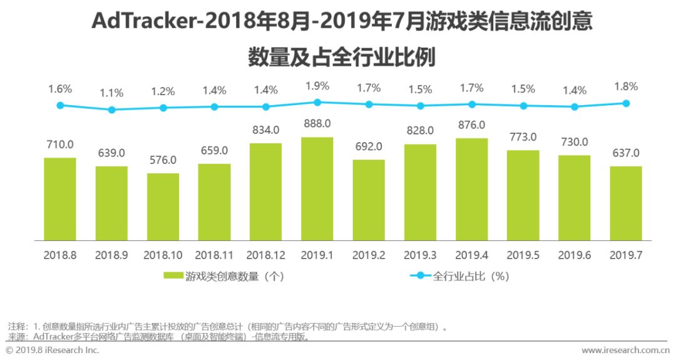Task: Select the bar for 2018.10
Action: [x=163, y=207]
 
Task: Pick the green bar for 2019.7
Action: [x=626, y=203]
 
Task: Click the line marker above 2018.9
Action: [x=112, y=110]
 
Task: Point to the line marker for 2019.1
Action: [x=317, y=102]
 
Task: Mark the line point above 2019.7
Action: [x=626, y=103]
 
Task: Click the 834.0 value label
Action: [x=265, y=130]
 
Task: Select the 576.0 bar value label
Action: [x=163, y=160]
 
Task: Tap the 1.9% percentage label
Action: [x=317, y=85]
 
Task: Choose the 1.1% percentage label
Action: [x=112, y=93]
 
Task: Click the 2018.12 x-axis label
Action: [x=265, y=255]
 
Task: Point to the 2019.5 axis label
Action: [x=523, y=255]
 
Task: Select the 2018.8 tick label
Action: [x=60, y=255]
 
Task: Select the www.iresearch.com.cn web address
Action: [x=625, y=351]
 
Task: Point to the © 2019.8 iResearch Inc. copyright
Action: [x=53, y=351]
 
